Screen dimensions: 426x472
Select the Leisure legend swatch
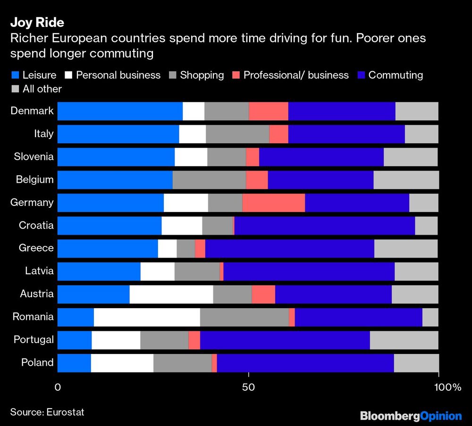[15, 75]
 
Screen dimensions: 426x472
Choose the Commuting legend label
[395, 75]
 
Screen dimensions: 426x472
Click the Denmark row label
[32, 111]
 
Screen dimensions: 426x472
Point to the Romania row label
[33, 317]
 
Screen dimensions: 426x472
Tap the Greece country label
[36, 248]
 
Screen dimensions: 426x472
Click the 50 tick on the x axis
[248, 387]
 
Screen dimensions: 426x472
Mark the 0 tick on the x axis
[58, 387]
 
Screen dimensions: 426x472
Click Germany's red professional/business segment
[273, 203]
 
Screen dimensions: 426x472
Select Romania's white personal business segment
[147, 317]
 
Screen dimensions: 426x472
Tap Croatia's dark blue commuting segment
[324, 225]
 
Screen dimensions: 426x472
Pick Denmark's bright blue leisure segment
[120, 111]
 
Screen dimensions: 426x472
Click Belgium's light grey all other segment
[406, 180]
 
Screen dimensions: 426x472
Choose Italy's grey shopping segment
[237, 134]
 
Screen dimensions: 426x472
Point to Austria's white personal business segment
[171, 294]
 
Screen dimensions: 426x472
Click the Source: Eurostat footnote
[47, 412]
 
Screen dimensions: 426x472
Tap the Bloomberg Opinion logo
[411, 416]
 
